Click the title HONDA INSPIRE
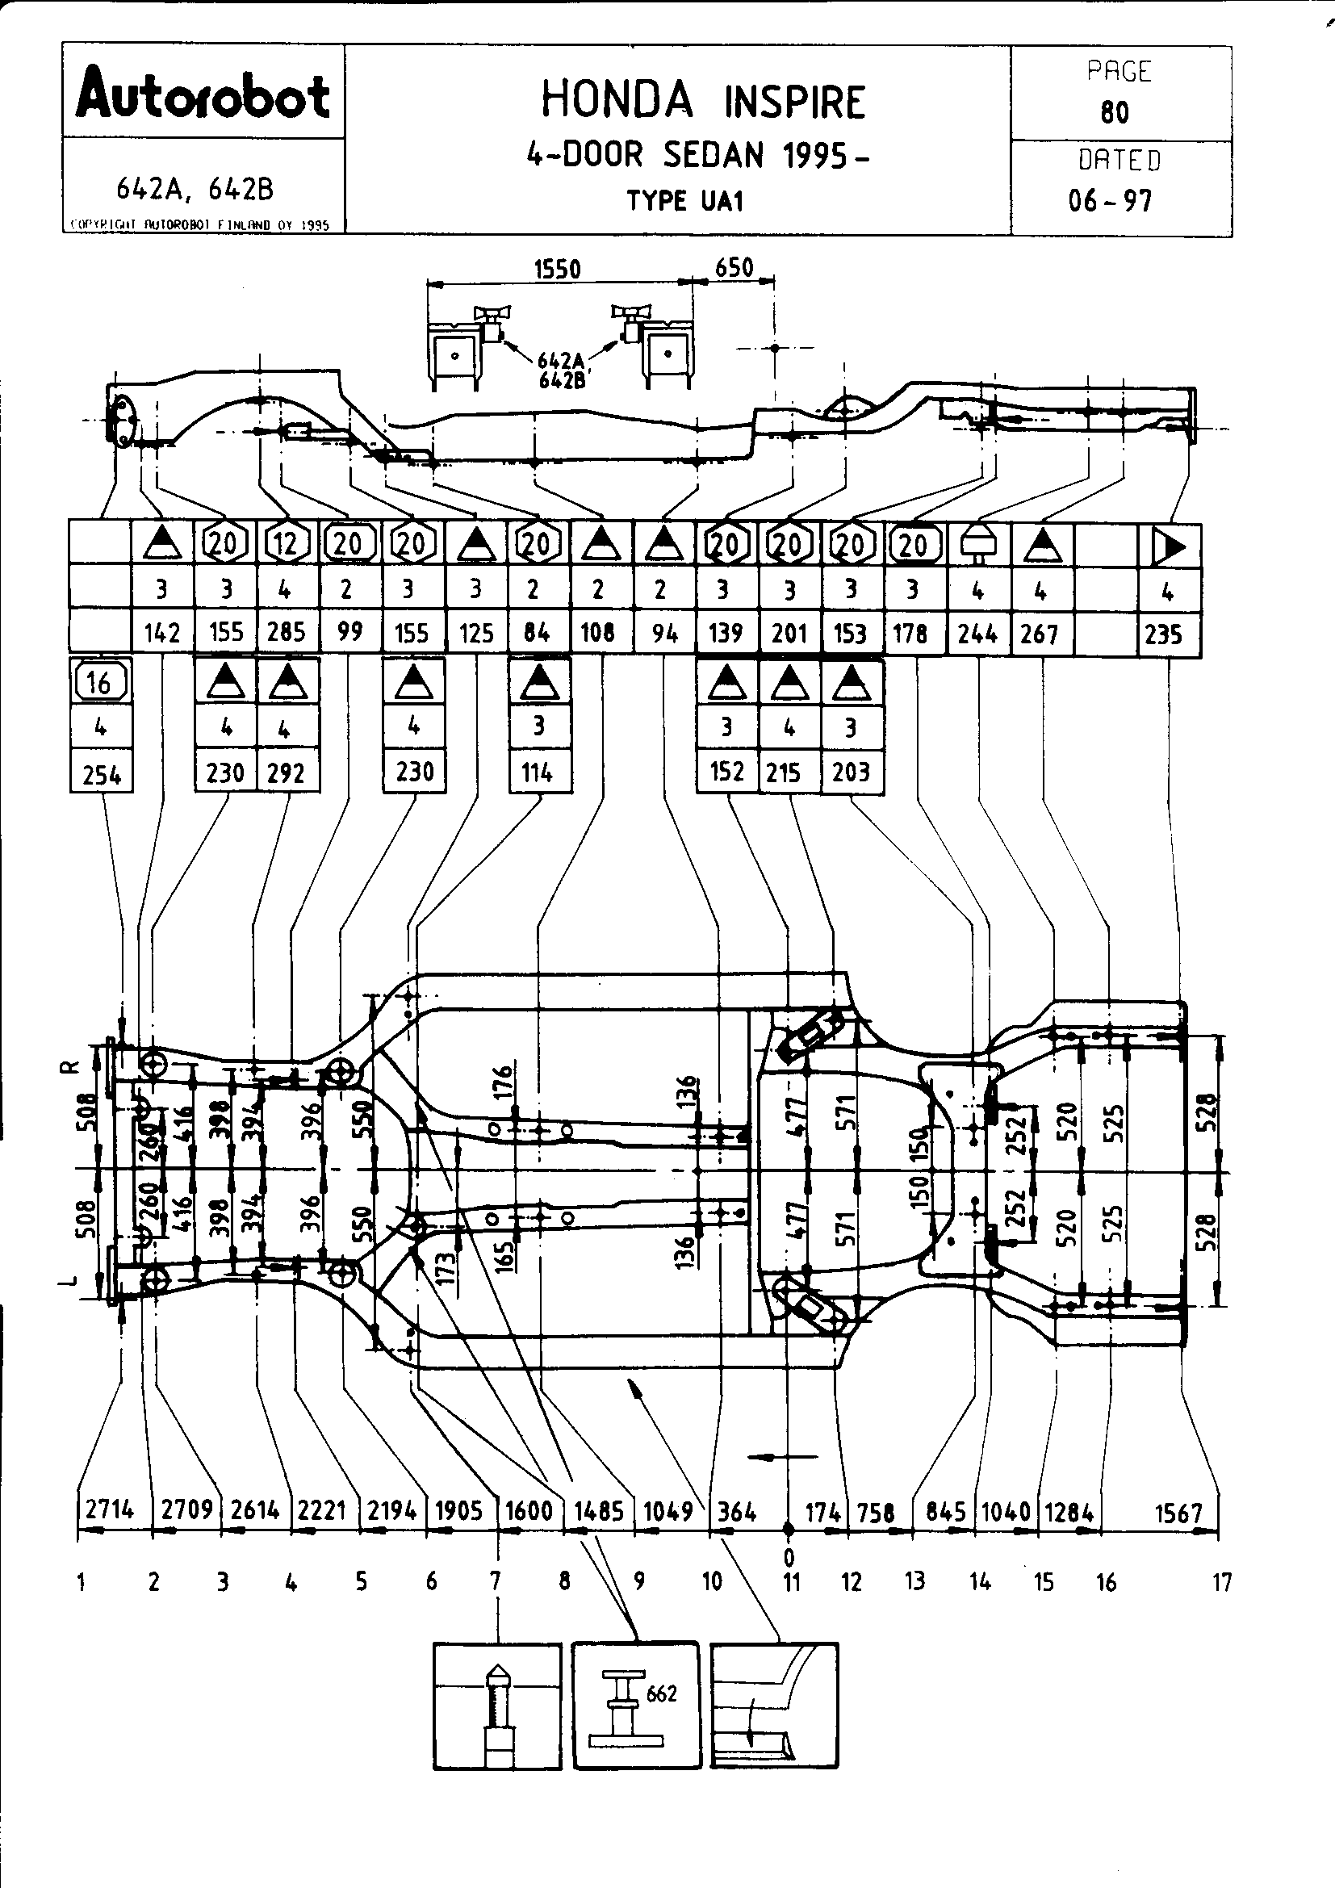(703, 101)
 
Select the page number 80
(1115, 112)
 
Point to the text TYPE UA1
(685, 202)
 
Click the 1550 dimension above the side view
(558, 269)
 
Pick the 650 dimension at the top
(734, 267)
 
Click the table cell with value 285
(286, 632)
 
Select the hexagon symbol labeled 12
(286, 543)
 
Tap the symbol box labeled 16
(99, 682)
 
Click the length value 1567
(1178, 1512)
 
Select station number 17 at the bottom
(1222, 1582)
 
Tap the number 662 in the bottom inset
(662, 1693)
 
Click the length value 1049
(668, 1511)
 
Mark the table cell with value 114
(538, 773)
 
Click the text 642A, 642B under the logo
(195, 190)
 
